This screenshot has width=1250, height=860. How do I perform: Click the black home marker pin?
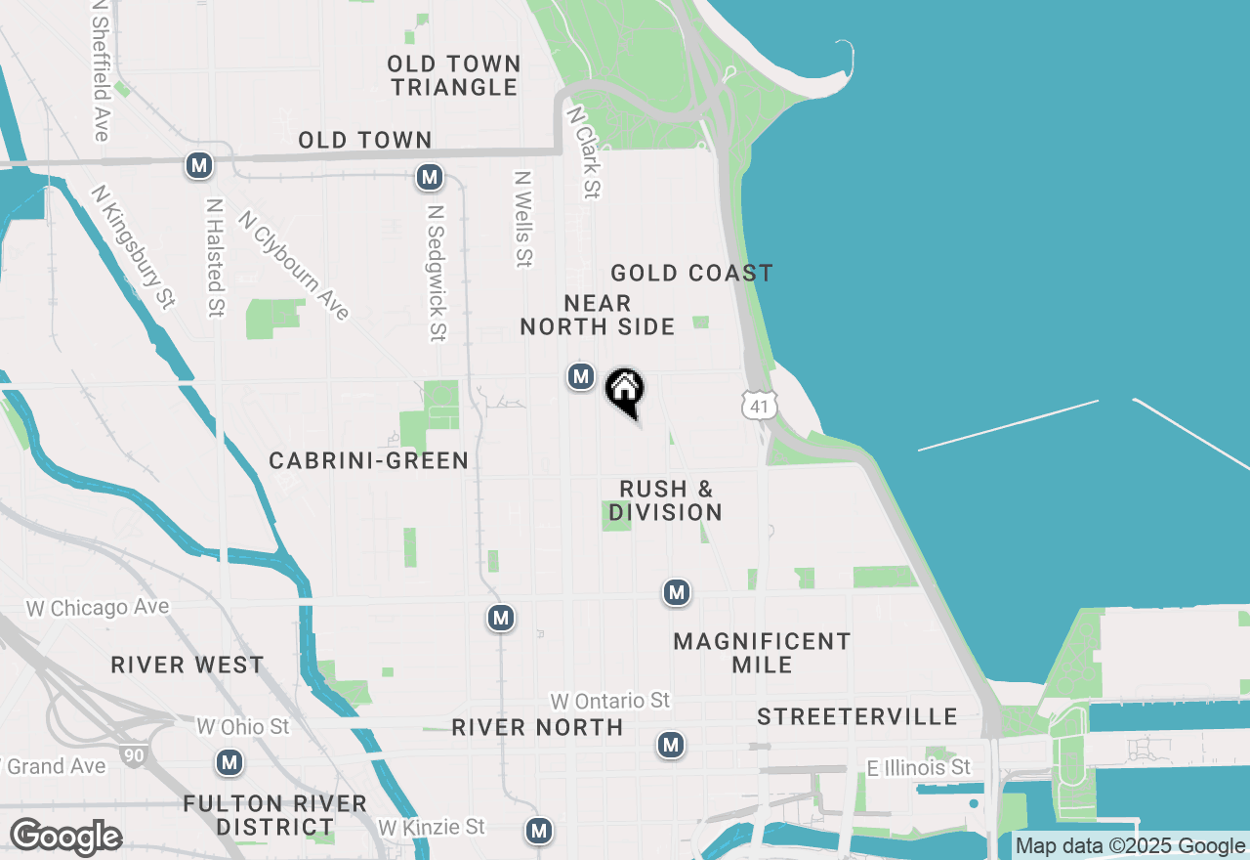(625, 390)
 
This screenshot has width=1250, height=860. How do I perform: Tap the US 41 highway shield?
(758, 403)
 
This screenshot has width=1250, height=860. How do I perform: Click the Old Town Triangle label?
(454, 75)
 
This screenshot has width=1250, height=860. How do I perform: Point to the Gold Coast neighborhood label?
(691, 273)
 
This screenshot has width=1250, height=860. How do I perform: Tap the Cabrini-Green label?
(369, 460)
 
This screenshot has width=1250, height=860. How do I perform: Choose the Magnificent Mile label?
(763, 653)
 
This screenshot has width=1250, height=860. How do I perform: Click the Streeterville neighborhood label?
(857, 716)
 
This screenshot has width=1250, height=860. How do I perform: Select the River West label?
(187, 665)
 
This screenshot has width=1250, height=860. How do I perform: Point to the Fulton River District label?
(275, 815)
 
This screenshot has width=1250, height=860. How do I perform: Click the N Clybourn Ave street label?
(293, 265)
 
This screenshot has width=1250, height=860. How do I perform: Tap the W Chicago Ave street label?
(98, 607)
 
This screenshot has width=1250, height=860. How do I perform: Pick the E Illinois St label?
(919, 768)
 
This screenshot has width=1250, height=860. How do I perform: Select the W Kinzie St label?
(432, 828)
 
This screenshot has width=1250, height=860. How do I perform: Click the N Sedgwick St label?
(437, 273)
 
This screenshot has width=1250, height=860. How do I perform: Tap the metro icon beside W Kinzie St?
(538, 831)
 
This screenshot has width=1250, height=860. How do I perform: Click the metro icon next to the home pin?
(581, 375)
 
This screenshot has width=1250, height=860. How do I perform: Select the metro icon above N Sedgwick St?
(429, 177)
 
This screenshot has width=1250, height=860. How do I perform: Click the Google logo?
(65, 837)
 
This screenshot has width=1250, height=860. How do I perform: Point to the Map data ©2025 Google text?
(1130, 846)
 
